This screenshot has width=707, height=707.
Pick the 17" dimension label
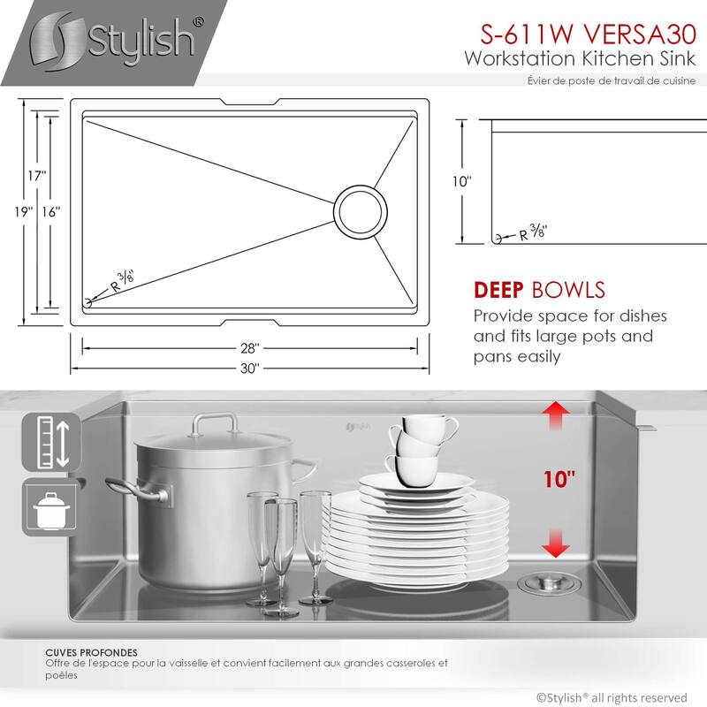click(x=35, y=176)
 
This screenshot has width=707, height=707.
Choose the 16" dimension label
click(x=50, y=212)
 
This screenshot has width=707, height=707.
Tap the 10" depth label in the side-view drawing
click(x=462, y=181)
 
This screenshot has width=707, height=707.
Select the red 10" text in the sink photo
click(x=559, y=480)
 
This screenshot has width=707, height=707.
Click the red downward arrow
click(x=555, y=543)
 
